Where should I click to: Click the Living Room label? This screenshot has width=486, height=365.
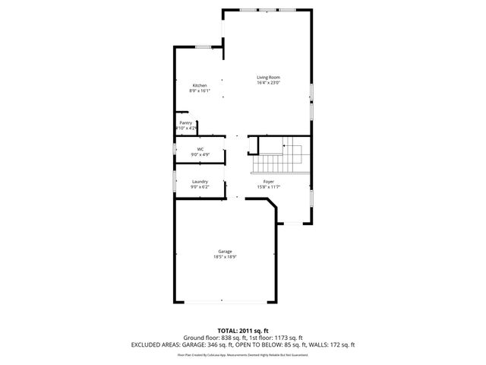point(268,78)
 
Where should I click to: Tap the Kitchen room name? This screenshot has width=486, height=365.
point(200,85)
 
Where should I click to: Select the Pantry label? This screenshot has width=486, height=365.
point(185,122)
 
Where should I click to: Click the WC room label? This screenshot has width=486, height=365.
point(200,149)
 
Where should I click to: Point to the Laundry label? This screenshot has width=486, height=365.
point(200,182)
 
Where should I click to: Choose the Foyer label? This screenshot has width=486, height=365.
point(268,182)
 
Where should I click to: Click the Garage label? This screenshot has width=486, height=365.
point(225,252)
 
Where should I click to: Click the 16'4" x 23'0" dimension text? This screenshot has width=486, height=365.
point(268,83)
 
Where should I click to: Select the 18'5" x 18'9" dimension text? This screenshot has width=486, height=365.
point(225,257)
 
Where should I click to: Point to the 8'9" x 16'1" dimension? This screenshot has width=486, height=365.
point(200,90)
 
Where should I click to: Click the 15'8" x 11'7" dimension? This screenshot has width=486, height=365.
point(268,187)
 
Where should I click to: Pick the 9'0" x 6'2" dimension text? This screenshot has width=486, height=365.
point(200,187)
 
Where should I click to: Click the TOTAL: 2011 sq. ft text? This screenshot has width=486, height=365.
point(243,330)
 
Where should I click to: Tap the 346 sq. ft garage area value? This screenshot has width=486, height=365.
point(260,344)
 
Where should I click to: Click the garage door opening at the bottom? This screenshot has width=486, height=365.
point(225,303)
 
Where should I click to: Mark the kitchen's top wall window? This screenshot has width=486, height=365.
point(203,47)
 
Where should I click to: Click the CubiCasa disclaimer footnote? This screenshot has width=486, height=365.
point(243,354)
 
